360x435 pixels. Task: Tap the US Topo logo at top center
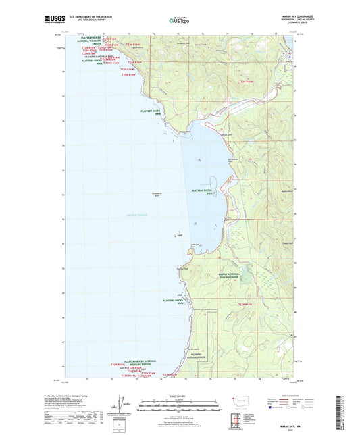[x=179, y=20]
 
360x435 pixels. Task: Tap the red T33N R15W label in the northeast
[x=246, y=82]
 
